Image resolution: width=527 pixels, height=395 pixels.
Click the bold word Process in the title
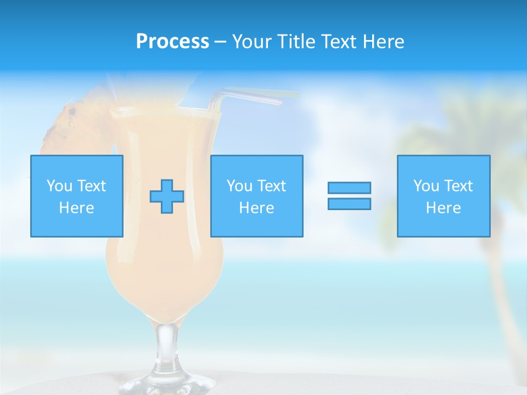(172, 42)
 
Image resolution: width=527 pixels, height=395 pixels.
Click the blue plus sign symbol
(167, 196)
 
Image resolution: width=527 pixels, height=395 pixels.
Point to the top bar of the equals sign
(349, 188)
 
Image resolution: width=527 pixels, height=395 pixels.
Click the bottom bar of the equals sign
(349, 204)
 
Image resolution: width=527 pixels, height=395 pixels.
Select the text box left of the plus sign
(77, 196)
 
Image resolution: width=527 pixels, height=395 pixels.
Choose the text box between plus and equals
(257, 196)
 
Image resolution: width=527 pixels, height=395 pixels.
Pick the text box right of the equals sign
(444, 196)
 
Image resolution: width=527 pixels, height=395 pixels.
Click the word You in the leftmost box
(58, 186)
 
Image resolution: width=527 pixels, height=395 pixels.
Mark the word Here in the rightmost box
(444, 208)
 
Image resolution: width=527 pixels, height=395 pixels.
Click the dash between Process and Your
(221, 42)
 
